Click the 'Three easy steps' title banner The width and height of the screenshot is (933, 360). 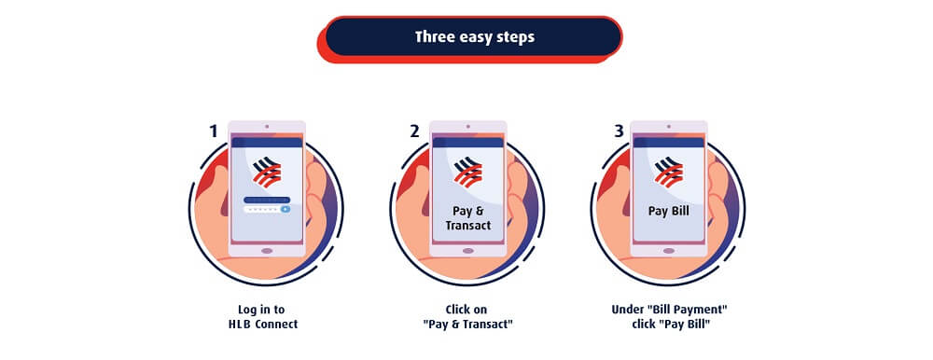coord(474,37)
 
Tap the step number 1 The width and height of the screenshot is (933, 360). coord(213,132)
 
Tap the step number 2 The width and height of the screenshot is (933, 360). coord(414,132)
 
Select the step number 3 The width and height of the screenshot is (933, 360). coord(619,132)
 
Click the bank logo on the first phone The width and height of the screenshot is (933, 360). coord(267,173)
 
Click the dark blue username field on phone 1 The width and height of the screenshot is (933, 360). coord(267,200)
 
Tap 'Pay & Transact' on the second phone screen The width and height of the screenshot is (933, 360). coord(467,217)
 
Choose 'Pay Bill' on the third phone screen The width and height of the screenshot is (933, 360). coord(669,211)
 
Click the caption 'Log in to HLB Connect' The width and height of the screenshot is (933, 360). coord(267,316)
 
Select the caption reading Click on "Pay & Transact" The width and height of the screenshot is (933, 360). coord(467,316)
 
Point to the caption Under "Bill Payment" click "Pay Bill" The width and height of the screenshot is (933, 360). coord(669,316)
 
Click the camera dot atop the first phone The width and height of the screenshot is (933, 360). coord(267,126)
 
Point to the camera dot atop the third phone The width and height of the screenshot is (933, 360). coord(669,126)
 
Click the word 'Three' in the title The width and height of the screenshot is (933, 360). coord(436,37)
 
